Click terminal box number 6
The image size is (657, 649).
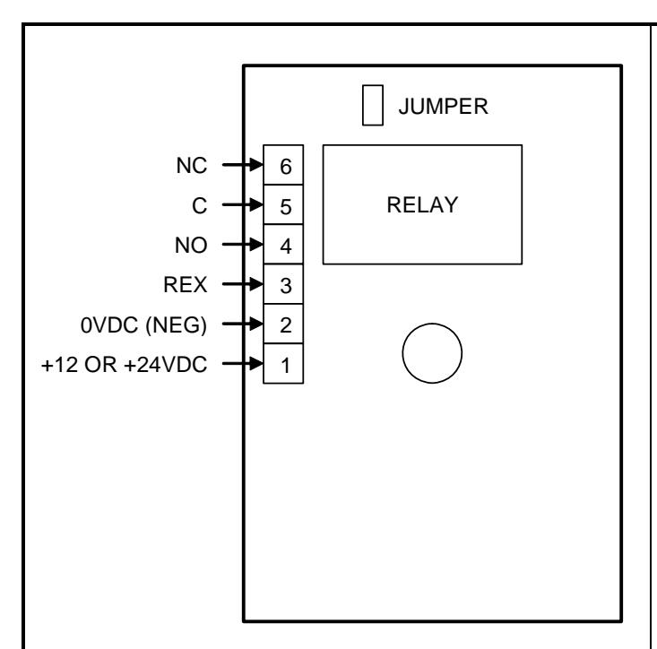pos(283,165)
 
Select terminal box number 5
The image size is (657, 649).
pos(283,204)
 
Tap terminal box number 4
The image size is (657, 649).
pos(283,244)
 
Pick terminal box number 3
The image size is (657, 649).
pos(283,284)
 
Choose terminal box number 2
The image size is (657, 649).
pos(283,324)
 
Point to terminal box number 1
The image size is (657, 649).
pos(283,363)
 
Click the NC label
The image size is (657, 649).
pos(192,166)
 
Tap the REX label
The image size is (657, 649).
pos(186,285)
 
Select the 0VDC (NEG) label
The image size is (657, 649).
pos(143,325)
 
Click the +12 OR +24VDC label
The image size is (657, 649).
pos(124,365)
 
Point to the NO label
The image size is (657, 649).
pos(191,245)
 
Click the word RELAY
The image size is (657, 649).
pos(422,205)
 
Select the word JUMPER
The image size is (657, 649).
pos(444,107)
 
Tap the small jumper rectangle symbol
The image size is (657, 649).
pos(373,105)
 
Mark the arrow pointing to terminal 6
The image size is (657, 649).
pos(243,165)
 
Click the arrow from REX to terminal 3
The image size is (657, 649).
pos(243,284)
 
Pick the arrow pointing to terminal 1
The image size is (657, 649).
pos(243,363)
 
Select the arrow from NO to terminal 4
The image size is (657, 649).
pos(243,244)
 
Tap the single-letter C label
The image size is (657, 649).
pos(200,205)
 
